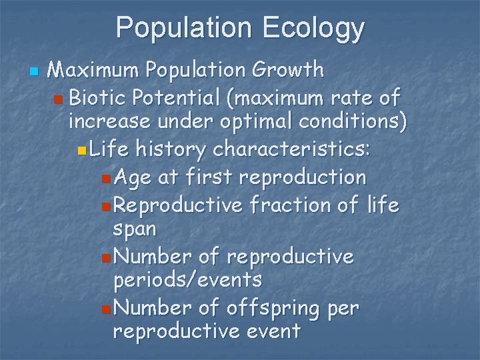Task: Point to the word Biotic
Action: (x=99, y=98)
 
